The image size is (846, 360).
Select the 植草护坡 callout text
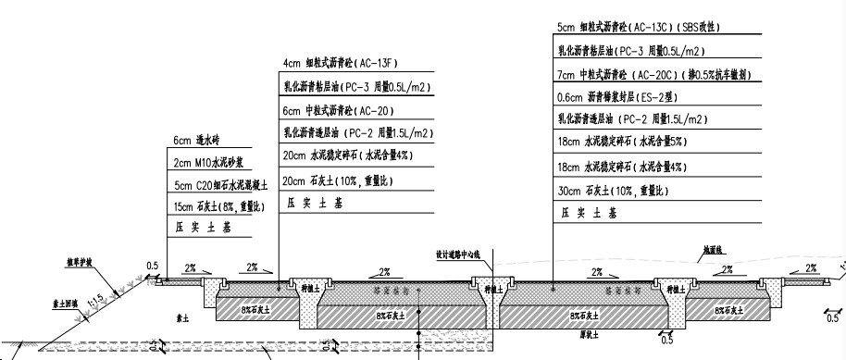coord(81,262)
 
